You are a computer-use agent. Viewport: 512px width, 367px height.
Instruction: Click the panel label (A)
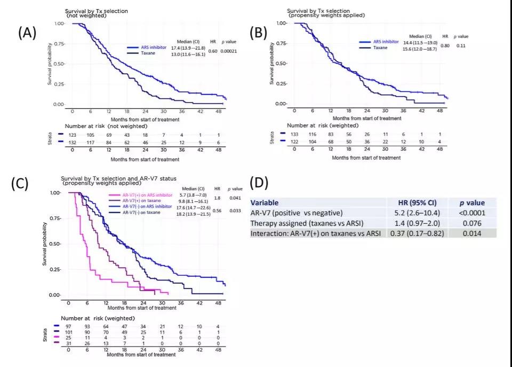coord(27,33)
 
